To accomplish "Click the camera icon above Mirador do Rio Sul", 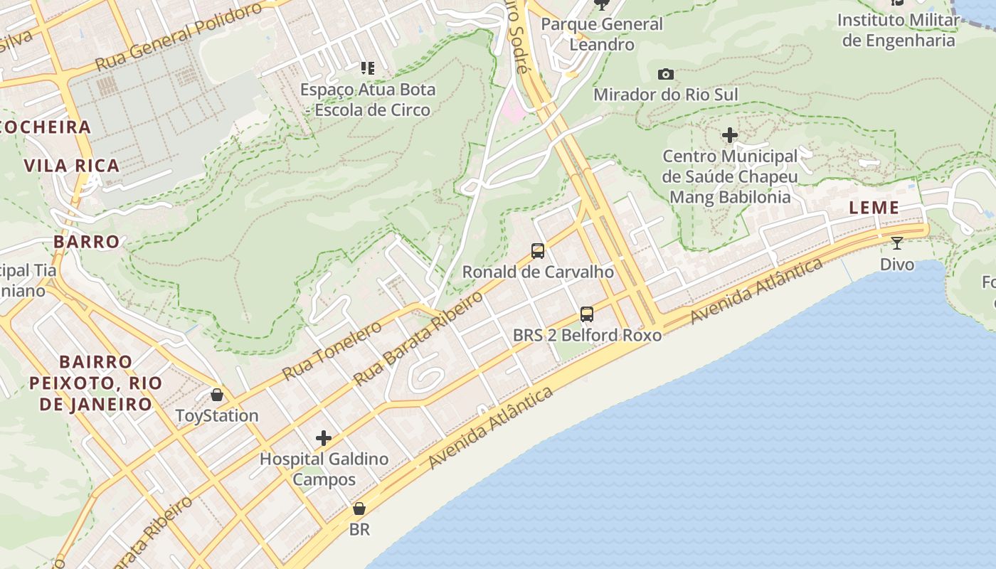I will tap(666, 74).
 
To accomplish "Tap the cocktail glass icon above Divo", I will tap(897, 243).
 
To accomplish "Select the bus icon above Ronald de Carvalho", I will tap(538, 250).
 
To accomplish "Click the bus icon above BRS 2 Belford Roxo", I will tap(587, 314).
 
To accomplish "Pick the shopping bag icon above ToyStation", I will tap(217, 394).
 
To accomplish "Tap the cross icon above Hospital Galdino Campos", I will tap(324, 437).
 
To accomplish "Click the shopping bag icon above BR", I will tap(359, 509).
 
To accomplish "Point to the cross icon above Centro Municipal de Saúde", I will tap(730, 134).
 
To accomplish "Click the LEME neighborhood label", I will tap(874, 208).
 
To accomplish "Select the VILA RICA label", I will tap(72, 166).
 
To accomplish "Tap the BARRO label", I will tap(86, 241).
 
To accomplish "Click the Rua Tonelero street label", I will tap(332, 350).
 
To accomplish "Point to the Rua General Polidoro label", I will tap(179, 36).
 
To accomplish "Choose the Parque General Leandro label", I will tap(602, 34).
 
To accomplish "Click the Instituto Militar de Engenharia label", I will tap(898, 30).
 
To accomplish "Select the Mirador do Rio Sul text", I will tap(666, 95).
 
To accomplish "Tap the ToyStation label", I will tap(217, 415).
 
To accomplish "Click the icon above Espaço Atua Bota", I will tap(367, 68).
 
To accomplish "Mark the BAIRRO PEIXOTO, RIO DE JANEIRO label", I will tap(95, 383).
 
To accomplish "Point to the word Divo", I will tap(897, 265).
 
